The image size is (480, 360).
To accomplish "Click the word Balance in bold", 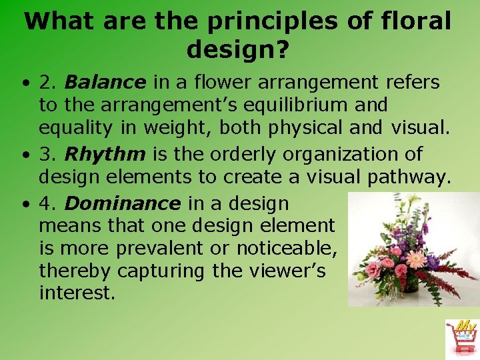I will pyautogui.click(x=105, y=83).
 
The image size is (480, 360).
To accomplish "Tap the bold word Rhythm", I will pyautogui.click(x=105, y=155).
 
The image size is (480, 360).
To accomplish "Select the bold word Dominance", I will pyautogui.click(x=122, y=203).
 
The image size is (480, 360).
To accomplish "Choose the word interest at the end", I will pyautogui.click(x=76, y=293).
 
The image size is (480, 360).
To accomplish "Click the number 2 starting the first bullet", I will pyautogui.click(x=45, y=83).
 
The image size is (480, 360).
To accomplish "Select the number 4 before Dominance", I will pyautogui.click(x=45, y=203).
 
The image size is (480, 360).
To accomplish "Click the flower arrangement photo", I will pyautogui.click(x=413, y=249).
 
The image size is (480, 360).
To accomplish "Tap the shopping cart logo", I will pyautogui.click(x=462, y=339).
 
